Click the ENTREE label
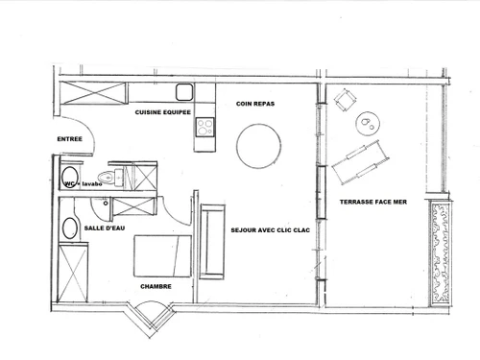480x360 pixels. (70, 139)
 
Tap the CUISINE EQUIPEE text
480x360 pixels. (161, 112)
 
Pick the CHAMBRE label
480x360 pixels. (156, 286)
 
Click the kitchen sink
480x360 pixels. (183, 93)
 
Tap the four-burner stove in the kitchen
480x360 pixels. (205, 132)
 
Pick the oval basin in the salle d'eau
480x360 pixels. (69, 228)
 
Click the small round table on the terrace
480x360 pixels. (368, 122)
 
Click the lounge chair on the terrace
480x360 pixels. (360, 159)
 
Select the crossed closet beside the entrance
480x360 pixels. (93, 94)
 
